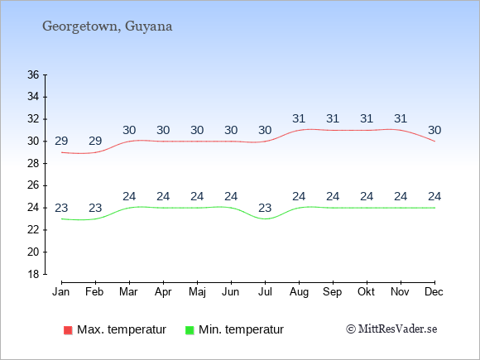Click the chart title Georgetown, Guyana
[x=107, y=26]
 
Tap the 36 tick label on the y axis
[x=33, y=74]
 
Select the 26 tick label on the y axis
[x=33, y=185]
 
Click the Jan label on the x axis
[x=61, y=292]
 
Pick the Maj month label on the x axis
[x=197, y=292]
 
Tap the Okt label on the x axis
[x=366, y=292]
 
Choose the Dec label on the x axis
[x=434, y=292]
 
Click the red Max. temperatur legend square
[x=68, y=330]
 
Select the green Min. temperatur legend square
[x=190, y=330]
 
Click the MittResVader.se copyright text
[x=391, y=329]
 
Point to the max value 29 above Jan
[x=61, y=142]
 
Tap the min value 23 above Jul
[x=265, y=209]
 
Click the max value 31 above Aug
[x=299, y=118]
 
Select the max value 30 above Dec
[x=434, y=130]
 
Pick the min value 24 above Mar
[x=129, y=196]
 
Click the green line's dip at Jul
[x=265, y=218]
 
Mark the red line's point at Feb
[x=95, y=152]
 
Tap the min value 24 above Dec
[x=434, y=196]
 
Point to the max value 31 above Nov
[x=401, y=118]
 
